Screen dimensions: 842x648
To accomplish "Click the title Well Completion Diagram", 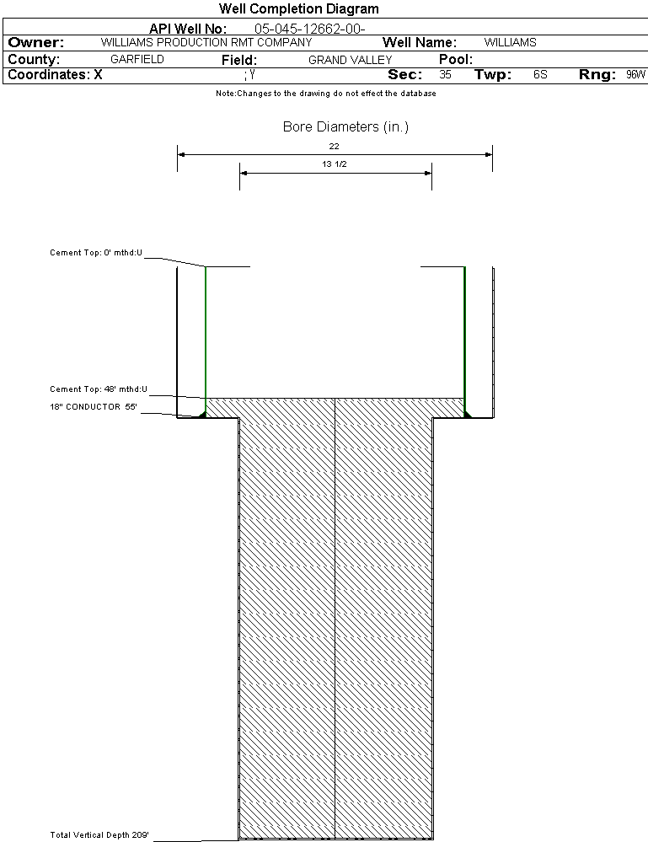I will pyautogui.click(x=298, y=9).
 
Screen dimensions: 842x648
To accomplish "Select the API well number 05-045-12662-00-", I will pyautogui.click(x=303, y=29).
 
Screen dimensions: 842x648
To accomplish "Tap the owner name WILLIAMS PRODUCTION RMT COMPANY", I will pyautogui.click(x=206, y=42).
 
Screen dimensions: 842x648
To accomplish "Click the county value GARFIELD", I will pyautogui.click(x=137, y=60).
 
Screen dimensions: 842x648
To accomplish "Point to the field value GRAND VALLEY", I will pyautogui.click(x=350, y=60).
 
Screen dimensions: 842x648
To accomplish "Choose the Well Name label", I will pyautogui.click(x=420, y=42).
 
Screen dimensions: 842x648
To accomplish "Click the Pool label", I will pyautogui.click(x=456, y=60).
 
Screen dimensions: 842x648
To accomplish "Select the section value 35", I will pyautogui.click(x=445, y=75).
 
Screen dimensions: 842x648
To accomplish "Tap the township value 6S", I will pyautogui.click(x=540, y=75).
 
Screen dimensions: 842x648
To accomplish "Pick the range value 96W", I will pyautogui.click(x=635, y=75).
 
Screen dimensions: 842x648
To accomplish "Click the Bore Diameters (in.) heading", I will pyautogui.click(x=345, y=127).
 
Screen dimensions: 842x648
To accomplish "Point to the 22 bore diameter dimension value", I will pyautogui.click(x=334, y=146).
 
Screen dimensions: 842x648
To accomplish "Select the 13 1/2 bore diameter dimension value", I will pyautogui.click(x=335, y=164).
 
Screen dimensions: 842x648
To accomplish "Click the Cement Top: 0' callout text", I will pyautogui.click(x=96, y=252).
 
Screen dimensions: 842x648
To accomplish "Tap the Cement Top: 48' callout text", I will pyautogui.click(x=99, y=389).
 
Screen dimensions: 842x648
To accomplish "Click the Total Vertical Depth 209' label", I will pyautogui.click(x=99, y=835).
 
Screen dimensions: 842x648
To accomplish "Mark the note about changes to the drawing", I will pyautogui.click(x=325, y=94).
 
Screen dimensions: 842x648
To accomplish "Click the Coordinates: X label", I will pyautogui.click(x=55, y=75).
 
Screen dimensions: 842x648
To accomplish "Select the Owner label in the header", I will pyautogui.click(x=36, y=42).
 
